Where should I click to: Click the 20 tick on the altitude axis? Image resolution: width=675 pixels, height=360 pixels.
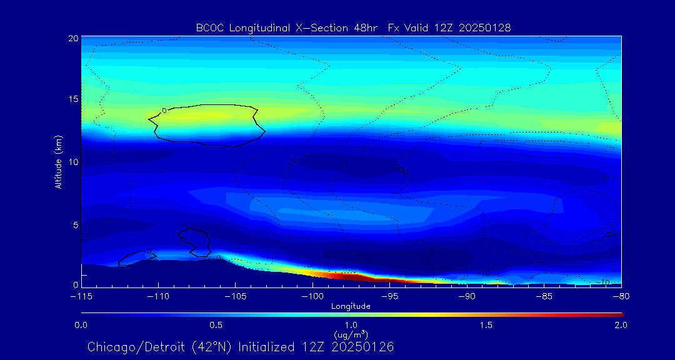(72, 38)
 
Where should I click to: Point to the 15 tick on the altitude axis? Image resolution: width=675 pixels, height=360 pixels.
(72, 100)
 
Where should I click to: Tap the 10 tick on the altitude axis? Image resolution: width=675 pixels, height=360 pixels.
(72, 162)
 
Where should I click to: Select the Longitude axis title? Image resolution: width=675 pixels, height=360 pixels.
(351, 306)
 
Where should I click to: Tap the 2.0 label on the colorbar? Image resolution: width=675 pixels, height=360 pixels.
(621, 325)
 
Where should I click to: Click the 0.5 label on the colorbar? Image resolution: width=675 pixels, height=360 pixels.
(216, 325)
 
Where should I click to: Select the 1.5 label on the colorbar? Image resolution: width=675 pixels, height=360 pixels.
(486, 325)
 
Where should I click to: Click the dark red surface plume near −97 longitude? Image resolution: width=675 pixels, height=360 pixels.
(341, 275)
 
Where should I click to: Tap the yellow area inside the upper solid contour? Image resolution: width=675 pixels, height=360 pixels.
(206, 116)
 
